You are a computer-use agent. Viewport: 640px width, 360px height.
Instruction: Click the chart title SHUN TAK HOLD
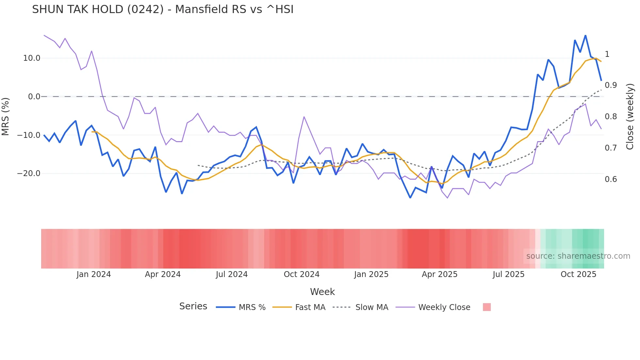(x=163, y=9)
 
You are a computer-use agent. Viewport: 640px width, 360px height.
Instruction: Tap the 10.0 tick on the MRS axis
(x=32, y=58)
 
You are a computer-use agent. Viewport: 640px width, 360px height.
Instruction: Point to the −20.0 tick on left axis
(x=29, y=173)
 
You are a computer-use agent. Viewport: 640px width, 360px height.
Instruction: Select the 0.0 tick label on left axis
(x=34, y=97)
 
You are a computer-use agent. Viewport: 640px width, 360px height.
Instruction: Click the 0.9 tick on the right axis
(x=611, y=85)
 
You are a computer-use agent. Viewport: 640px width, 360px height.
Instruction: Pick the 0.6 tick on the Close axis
(x=611, y=179)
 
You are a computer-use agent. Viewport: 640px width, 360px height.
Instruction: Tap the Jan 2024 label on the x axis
(x=94, y=274)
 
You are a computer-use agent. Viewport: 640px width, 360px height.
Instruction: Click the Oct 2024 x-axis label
(x=301, y=274)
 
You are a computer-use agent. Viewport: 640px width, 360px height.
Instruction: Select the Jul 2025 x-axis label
(x=508, y=274)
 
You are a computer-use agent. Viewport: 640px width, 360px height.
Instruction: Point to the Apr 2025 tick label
(x=440, y=274)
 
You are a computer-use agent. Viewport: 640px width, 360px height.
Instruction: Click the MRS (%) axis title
(x=5, y=117)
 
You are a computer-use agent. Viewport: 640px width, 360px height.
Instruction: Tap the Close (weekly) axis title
(x=630, y=117)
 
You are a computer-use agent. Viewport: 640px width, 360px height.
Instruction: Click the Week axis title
(x=322, y=292)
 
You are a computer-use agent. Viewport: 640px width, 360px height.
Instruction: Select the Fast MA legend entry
(x=310, y=307)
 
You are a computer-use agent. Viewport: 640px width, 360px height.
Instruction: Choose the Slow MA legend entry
(x=372, y=307)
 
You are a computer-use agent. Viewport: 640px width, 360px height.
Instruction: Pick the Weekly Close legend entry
(x=444, y=307)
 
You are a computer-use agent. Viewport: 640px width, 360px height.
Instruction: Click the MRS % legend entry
(x=252, y=307)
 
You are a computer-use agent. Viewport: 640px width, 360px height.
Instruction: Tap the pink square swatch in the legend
(x=487, y=307)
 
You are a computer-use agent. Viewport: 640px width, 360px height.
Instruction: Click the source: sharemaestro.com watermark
(x=578, y=256)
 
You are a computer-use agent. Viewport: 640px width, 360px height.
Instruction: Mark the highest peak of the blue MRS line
(x=585, y=35)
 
